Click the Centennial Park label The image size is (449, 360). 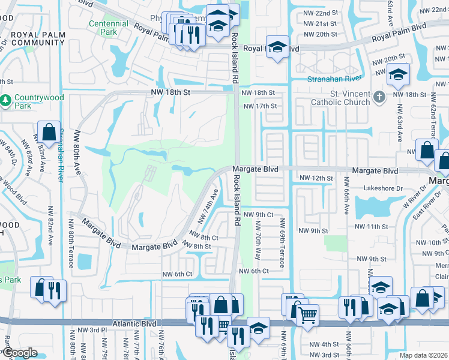[x=108, y=27]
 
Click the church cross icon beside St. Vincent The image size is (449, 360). [x=378, y=96]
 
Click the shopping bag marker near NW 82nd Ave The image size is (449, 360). [x=48, y=131]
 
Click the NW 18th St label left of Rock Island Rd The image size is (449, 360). [x=169, y=92]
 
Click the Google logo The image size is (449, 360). [x=19, y=353]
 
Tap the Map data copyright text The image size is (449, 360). [x=424, y=355]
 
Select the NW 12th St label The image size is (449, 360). [x=316, y=178]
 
